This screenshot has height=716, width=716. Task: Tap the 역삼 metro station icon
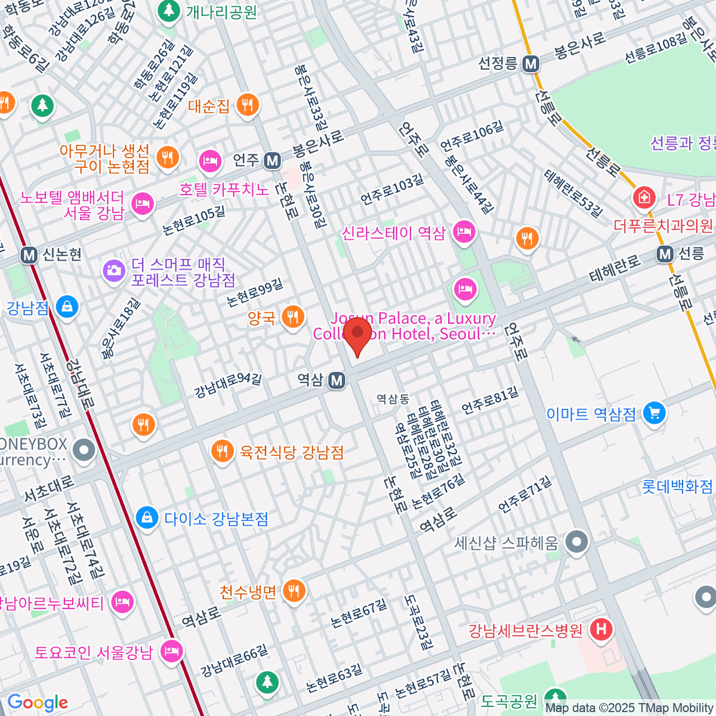[x=337, y=380]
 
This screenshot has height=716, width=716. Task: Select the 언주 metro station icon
[x=273, y=160]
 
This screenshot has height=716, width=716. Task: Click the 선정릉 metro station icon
[x=530, y=64]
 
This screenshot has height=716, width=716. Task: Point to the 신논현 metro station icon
[x=29, y=255]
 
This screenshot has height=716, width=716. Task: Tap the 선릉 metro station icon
[x=665, y=254]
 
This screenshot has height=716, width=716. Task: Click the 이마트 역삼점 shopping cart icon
[x=655, y=413]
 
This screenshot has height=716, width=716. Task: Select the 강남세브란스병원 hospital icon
[x=601, y=629]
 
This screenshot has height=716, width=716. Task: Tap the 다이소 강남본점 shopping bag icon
[x=146, y=517]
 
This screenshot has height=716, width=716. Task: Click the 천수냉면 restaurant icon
[x=294, y=591]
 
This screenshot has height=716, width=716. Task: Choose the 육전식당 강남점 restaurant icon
[x=223, y=450]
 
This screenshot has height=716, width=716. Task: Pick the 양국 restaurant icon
[x=292, y=316]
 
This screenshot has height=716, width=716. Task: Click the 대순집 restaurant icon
[x=246, y=105]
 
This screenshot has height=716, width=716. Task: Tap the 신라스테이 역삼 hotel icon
[x=464, y=232]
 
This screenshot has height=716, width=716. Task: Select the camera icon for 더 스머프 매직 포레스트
[x=113, y=271]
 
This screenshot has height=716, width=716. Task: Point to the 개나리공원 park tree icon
[x=169, y=11]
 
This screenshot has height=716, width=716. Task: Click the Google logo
[x=38, y=703]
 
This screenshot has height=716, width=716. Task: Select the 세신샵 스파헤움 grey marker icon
[x=576, y=542]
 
